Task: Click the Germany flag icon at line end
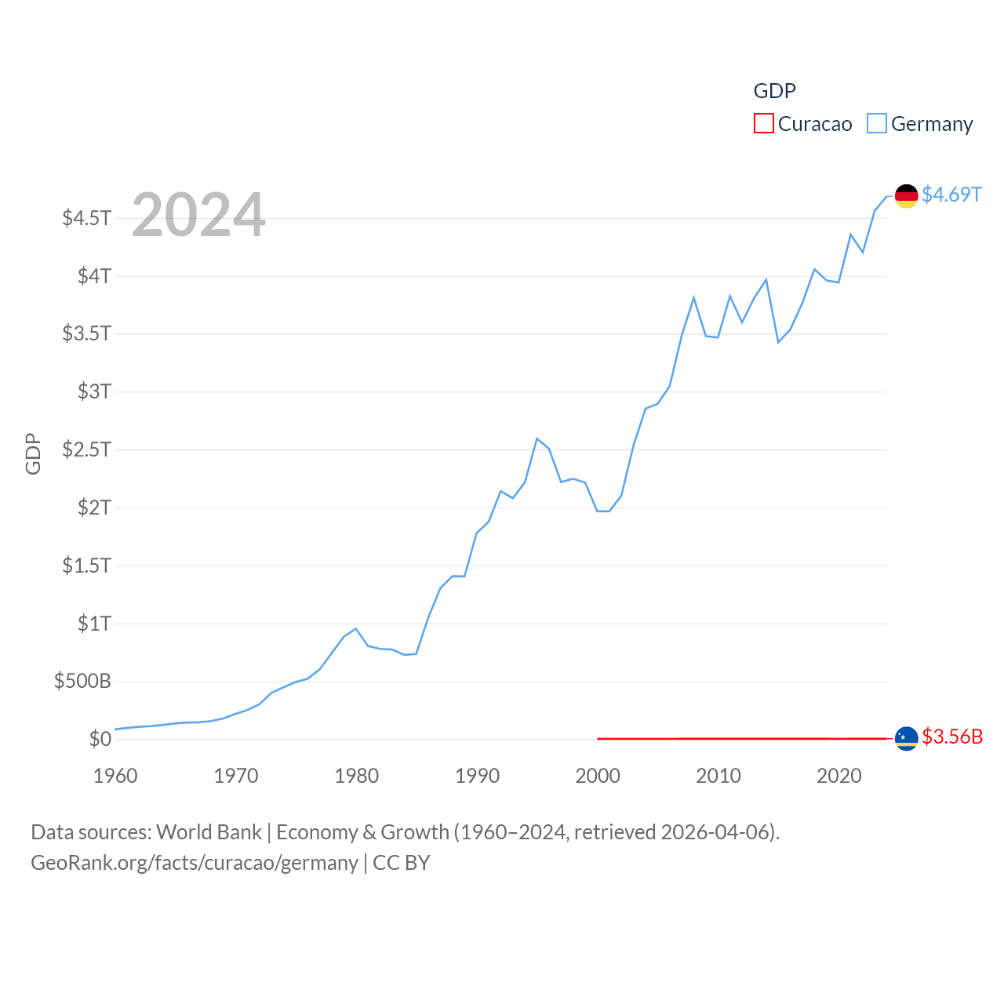coord(906,196)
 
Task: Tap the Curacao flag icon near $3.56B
coord(906,738)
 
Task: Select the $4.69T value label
coord(951,195)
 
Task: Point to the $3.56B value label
coord(952,737)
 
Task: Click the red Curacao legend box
coord(763,124)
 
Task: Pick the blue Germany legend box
coord(877,124)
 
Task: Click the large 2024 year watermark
coord(198,215)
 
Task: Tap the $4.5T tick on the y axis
coord(87,218)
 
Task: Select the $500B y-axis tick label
coord(82,681)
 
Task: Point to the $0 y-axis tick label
coord(100,739)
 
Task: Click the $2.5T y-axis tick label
coord(87,449)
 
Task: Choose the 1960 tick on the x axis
coord(115,777)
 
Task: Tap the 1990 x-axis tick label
coord(477,777)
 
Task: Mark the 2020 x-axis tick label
coord(839,777)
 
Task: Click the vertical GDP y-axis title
coord(33,453)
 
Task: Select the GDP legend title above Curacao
coord(774,91)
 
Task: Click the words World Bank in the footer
coord(209,832)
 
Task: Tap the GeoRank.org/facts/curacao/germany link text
coord(195,863)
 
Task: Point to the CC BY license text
coord(402,863)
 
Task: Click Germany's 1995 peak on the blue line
coord(537,438)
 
